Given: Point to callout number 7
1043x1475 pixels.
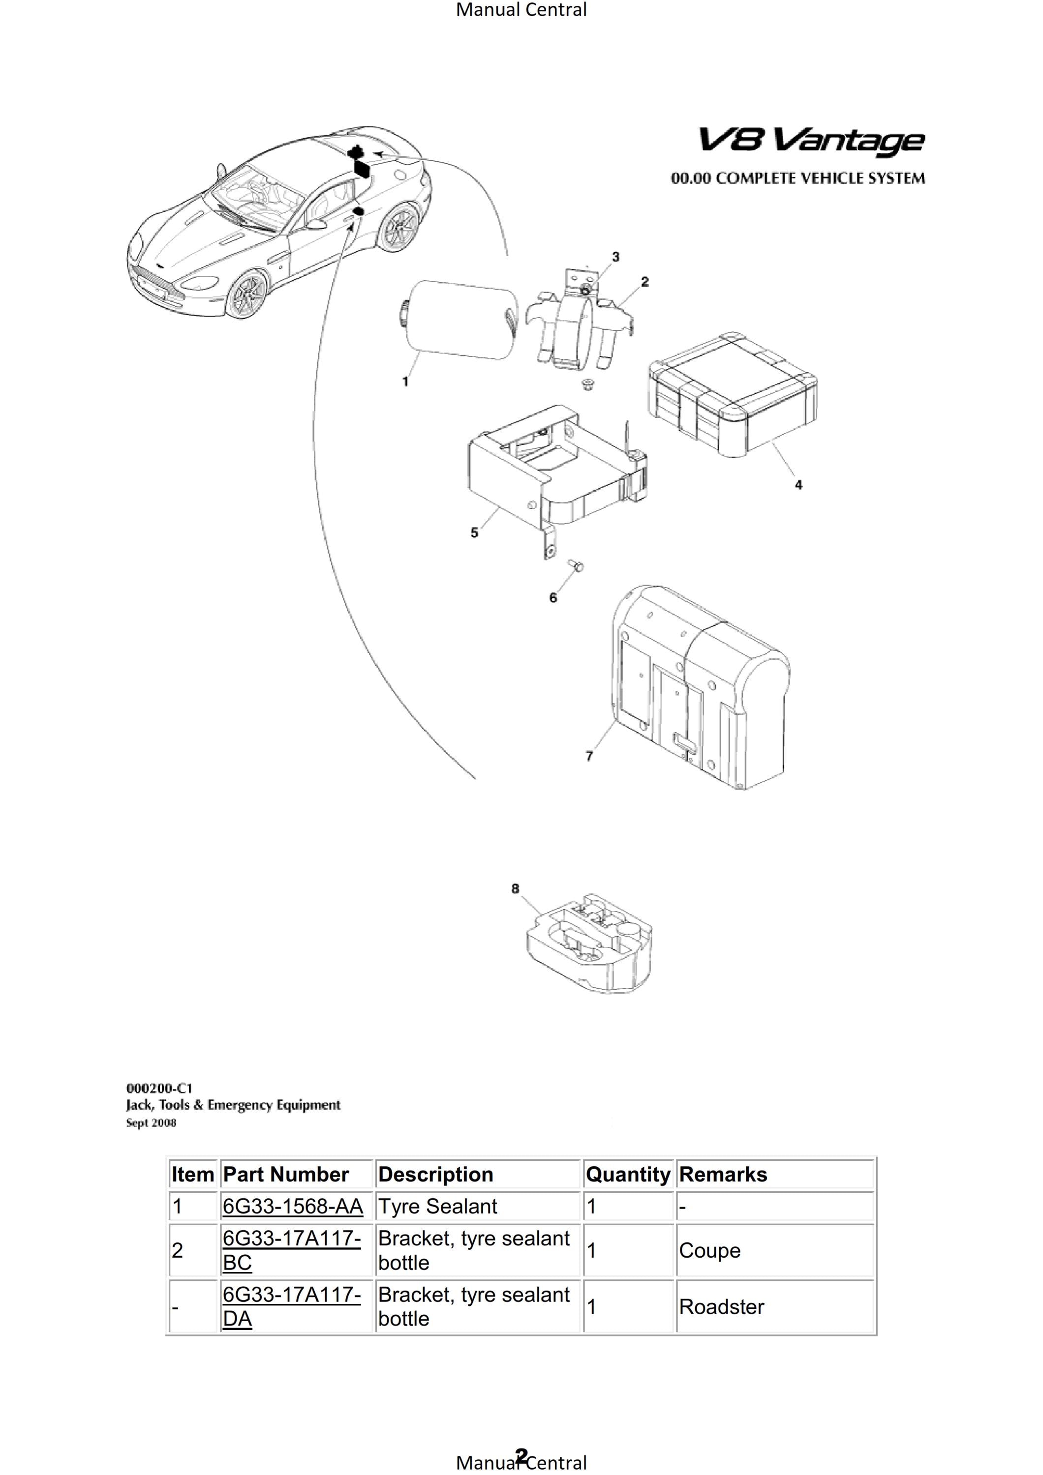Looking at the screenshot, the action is pyautogui.click(x=589, y=756).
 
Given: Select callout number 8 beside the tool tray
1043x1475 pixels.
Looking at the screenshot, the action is pyautogui.click(x=515, y=888).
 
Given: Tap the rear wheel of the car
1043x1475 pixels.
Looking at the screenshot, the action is pyautogui.click(x=400, y=228).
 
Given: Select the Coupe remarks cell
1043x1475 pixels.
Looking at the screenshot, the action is pyautogui.click(x=709, y=1250).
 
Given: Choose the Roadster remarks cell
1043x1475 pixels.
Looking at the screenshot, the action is pyautogui.click(x=722, y=1307).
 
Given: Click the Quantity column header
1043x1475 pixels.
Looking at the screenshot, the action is pyautogui.click(x=628, y=1175).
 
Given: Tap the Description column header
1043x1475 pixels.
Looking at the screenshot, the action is pyautogui.click(x=436, y=1175).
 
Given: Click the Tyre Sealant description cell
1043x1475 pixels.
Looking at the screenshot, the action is pyautogui.click(x=438, y=1207).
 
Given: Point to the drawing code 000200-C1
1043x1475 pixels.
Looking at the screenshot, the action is pyautogui.click(x=159, y=1088).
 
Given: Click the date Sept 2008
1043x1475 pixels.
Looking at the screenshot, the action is pyautogui.click(x=151, y=1122).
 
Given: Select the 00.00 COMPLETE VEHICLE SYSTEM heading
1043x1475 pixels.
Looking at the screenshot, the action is pyautogui.click(x=798, y=178).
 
